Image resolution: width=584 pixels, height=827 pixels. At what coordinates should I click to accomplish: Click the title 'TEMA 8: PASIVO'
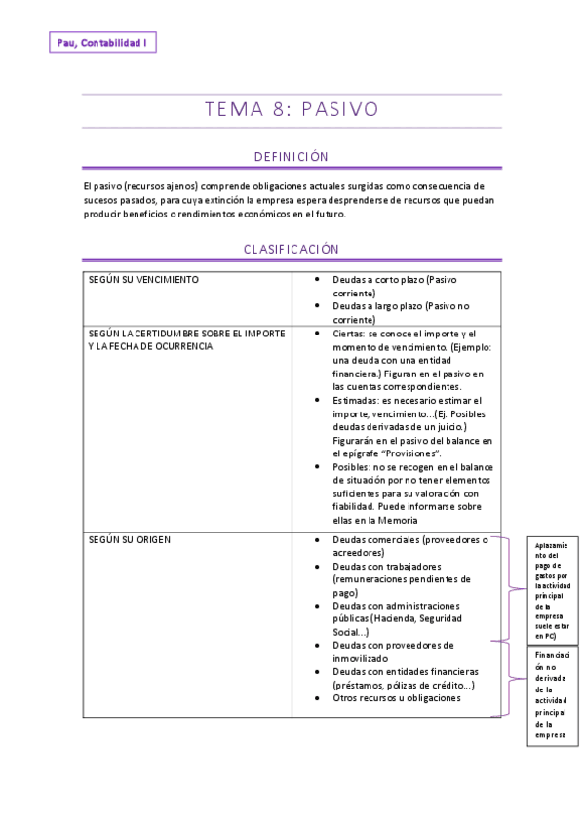[x=292, y=109]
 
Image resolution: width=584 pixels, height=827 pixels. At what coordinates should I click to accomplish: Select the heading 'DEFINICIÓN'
[x=292, y=156]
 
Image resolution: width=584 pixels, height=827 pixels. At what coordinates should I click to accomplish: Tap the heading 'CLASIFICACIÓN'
[x=292, y=249]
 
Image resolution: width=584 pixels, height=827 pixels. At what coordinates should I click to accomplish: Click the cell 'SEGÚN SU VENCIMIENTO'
[x=143, y=279]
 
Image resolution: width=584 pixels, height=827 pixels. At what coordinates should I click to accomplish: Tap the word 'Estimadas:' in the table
[x=357, y=400]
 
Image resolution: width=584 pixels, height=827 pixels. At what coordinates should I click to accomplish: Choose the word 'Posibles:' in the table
[x=352, y=466]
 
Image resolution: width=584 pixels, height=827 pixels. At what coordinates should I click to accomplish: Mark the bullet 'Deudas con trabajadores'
[x=387, y=566]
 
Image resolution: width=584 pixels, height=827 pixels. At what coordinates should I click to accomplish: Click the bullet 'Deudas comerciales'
[x=379, y=539]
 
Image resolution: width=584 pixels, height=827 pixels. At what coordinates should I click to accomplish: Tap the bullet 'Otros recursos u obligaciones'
[x=397, y=697]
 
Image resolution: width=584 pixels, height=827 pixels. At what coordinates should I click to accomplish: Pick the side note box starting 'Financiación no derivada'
[x=552, y=696]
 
